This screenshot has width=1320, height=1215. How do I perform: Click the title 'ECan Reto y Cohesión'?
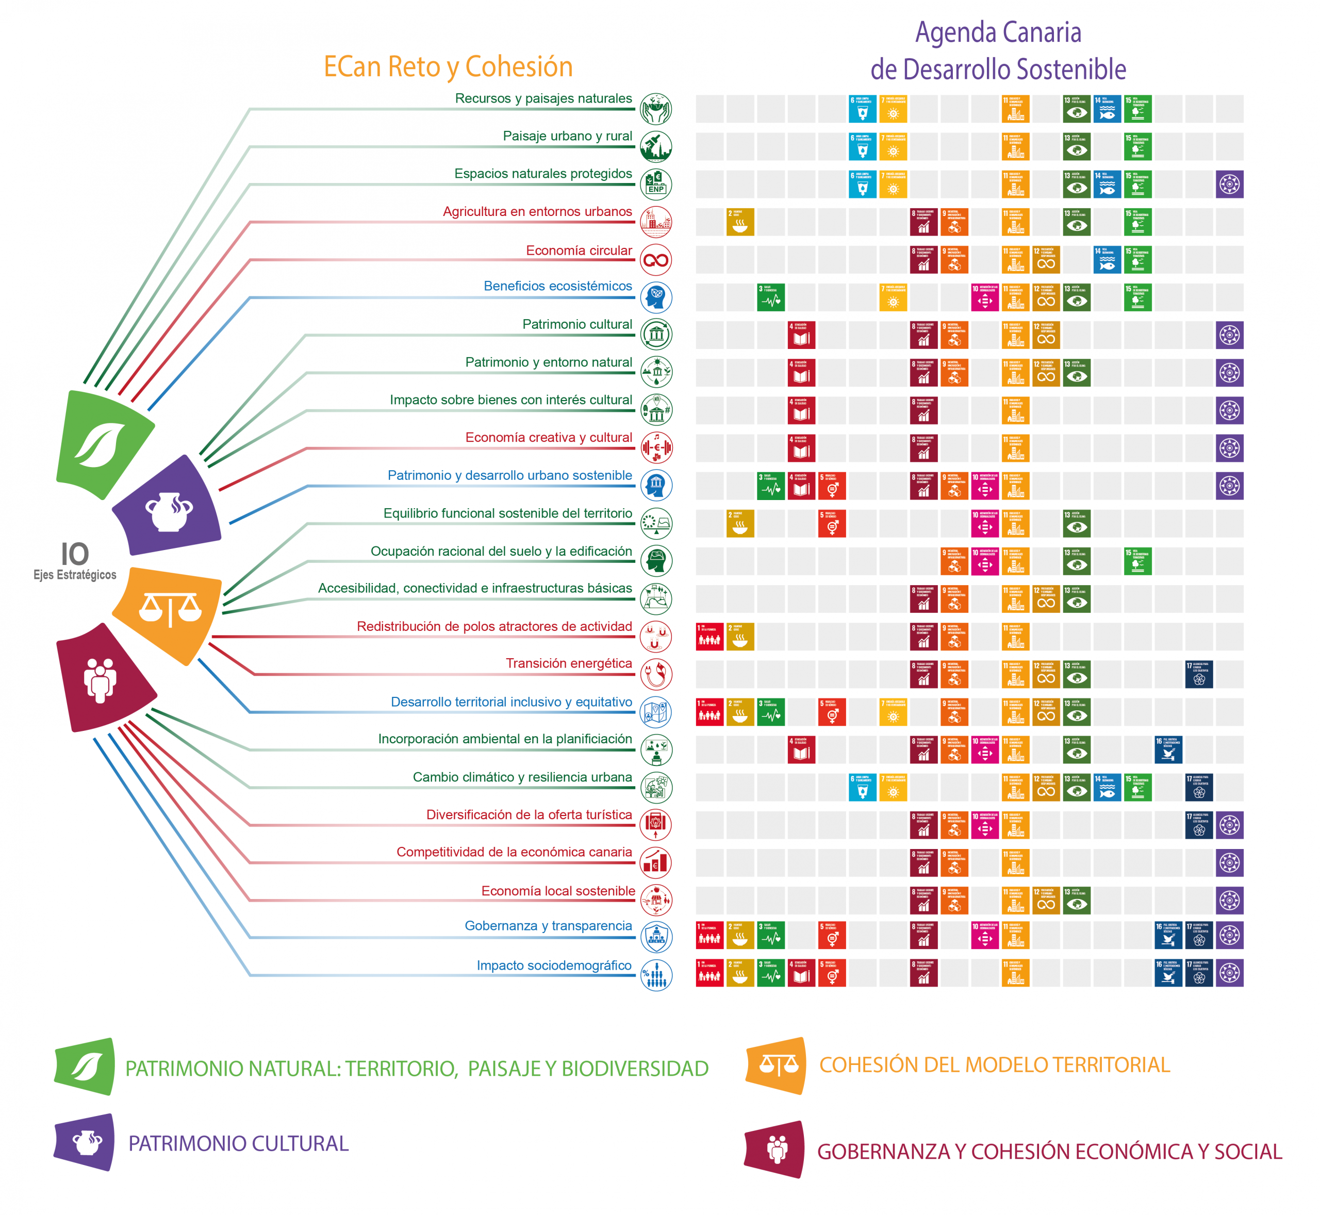pos(448,67)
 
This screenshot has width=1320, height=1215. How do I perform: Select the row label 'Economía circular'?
pos(578,251)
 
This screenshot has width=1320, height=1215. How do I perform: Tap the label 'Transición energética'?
pos(568,663)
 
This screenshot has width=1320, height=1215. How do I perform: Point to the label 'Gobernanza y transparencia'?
pos(548,926)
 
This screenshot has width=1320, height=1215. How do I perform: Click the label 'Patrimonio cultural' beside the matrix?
pos(577,324)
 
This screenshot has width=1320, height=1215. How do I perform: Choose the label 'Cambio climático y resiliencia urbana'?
pos(522,777)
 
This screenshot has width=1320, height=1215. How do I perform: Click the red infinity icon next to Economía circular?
pos(656,260)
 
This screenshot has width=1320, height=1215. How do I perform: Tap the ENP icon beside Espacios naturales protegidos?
pos(656,185)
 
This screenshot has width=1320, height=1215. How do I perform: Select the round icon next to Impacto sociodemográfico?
pos(656,975)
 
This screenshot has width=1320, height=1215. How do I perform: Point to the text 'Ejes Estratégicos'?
pos(75,575)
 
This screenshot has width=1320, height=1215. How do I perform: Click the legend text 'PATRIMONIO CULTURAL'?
pos(238,1143)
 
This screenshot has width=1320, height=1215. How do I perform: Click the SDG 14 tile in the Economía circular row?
pos(1107,260)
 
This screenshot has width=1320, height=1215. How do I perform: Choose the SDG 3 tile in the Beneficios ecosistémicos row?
pos(771,298)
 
